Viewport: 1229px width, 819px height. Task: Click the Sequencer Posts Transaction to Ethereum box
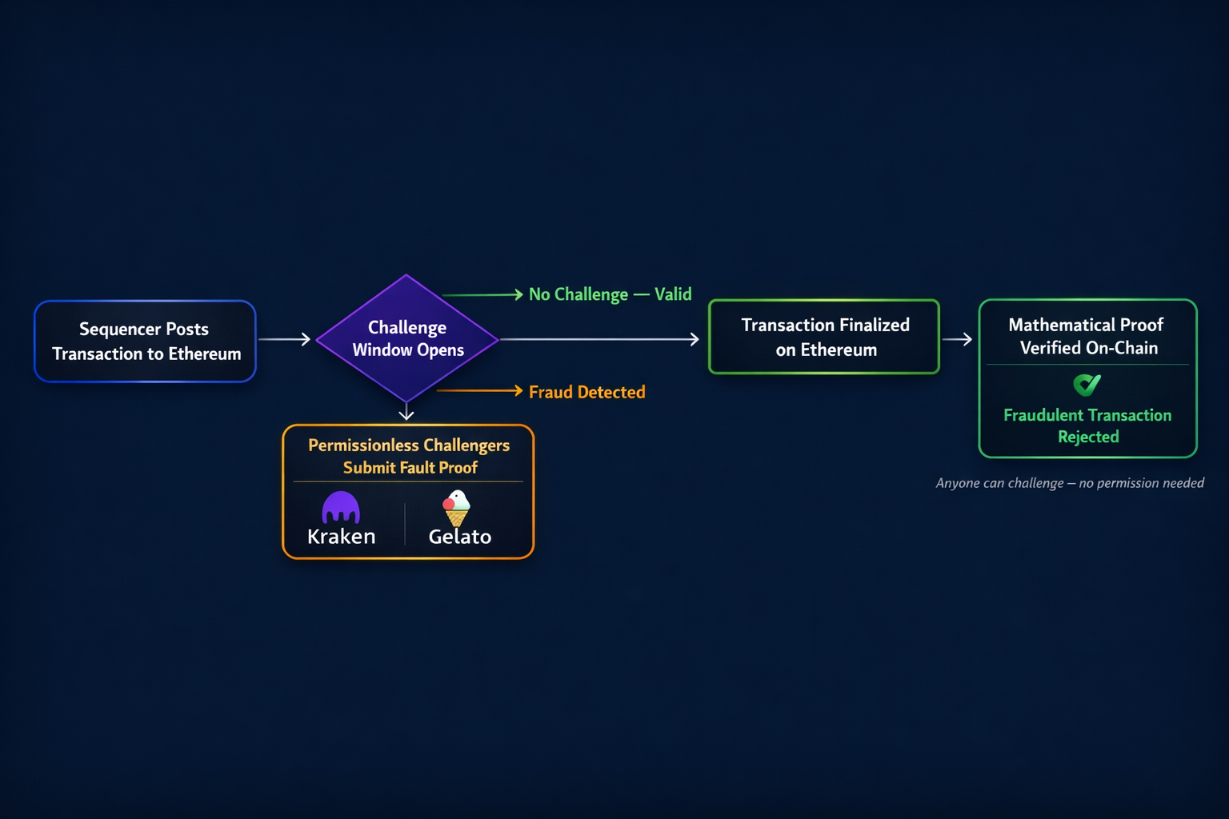point(145,342)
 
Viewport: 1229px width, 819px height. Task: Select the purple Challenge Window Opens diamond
point(407,338)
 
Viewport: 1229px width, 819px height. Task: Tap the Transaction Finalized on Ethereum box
point(824,337)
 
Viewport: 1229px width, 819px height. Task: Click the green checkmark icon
point(1087,386)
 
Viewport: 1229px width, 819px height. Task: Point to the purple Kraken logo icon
point(341,506)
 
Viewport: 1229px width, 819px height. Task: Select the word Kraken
point(342,537)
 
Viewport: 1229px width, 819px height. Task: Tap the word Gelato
point(460,537)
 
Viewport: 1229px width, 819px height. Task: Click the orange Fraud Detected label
point(586,392)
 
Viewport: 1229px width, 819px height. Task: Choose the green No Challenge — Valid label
point(610,294)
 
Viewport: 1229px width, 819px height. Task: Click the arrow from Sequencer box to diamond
point(284,339)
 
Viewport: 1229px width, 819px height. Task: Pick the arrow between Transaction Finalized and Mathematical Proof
point(957,339)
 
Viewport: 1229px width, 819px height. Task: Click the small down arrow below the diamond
point(406,412)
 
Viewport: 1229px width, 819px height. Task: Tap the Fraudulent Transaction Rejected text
point(1087,425)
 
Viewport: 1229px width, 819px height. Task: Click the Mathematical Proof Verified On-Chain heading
point(1087,336)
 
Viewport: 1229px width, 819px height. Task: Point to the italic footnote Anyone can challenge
point(1070,483)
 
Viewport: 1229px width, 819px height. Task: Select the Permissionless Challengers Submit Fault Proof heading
point(409,456)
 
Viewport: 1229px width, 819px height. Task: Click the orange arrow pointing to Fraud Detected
point(480,390)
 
